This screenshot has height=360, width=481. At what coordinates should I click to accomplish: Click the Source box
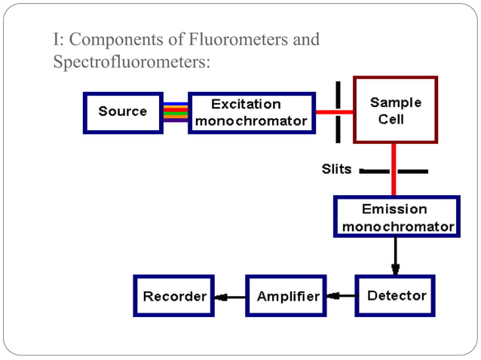click(x=123, y=112)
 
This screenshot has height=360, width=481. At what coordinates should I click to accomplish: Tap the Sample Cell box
click(x=396, y=110)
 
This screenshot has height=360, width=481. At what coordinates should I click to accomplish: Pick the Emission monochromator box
click(x=397, y=217)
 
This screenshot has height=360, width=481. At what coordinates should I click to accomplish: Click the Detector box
click(x=396, y=296)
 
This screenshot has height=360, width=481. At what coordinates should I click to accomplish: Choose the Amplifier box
click(x=288, y=296)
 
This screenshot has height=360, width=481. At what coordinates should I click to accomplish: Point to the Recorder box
click(x=175, y=296)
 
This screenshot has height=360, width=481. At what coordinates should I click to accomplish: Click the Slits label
click(x=336, y=169)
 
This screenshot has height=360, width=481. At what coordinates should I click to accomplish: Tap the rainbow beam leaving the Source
click(x=176, y=112)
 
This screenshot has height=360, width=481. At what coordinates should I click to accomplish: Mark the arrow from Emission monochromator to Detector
click(x=395, y=257)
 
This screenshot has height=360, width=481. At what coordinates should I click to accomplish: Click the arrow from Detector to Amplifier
click(x=343, y=296)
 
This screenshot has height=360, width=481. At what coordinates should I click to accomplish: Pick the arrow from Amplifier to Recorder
click(x=230, y=296)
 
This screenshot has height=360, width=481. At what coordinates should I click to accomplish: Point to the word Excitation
click(x=246, y=104)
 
